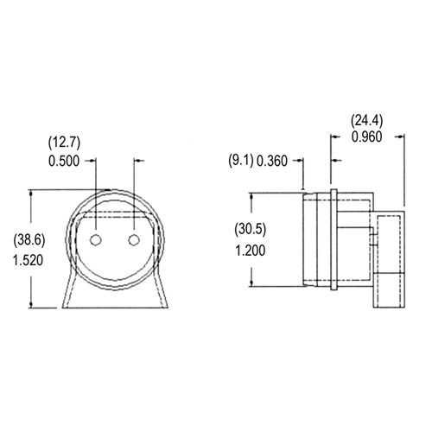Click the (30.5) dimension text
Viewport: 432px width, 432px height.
251,229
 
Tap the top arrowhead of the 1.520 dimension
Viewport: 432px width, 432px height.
33,194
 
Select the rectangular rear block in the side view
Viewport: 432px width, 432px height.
391,259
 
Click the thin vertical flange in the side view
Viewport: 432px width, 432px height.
331,238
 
